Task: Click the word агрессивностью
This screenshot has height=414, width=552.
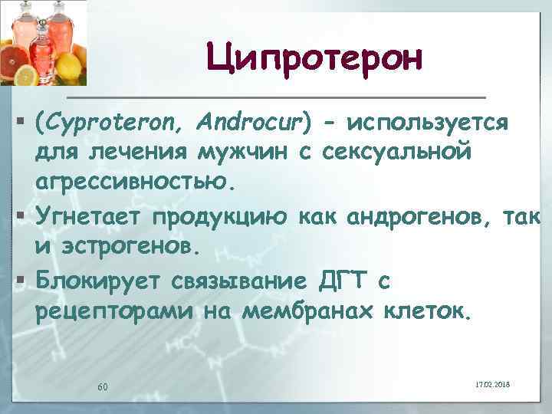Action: [130, 182]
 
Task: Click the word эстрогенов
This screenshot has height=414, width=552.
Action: [127, 248]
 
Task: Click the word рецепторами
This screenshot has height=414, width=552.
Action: [114, 313]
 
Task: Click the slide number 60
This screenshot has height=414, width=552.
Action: [102, 386]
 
